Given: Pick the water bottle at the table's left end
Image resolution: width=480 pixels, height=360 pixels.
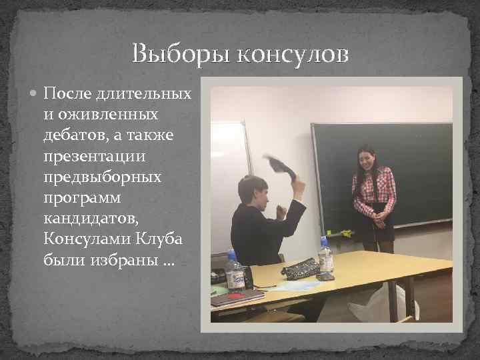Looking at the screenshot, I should (x=233, y=271).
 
